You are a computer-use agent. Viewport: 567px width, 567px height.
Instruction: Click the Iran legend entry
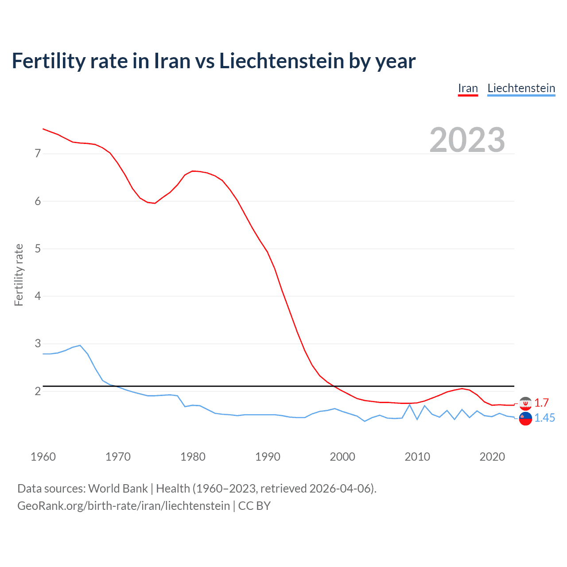click(468, 88)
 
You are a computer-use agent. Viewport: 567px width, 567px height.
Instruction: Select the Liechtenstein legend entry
click(521, 88)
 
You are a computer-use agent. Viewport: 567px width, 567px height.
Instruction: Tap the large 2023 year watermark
click(467, 140)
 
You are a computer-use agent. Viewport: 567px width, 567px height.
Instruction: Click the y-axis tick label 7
click(38, 154)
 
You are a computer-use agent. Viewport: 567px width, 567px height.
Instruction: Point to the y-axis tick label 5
click(38, 249)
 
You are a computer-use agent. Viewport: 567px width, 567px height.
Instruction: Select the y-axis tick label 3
click(38, 344)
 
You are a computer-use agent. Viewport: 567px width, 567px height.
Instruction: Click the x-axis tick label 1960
click(43, 457)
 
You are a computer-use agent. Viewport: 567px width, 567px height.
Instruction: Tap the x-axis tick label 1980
click(193, 457)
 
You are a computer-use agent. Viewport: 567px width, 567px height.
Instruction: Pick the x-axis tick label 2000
click(342, 457)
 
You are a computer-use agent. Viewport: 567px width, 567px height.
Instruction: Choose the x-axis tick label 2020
click(492, 457)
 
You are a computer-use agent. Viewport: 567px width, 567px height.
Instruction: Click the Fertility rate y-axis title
click(19, 275)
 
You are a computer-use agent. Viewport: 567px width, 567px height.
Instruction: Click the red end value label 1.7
click(541, 403)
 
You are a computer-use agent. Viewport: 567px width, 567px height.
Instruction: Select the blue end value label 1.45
click(544, 418)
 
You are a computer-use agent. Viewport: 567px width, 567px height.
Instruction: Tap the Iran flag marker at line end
click(525, 403)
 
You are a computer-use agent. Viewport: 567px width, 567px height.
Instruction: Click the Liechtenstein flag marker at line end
click(525, 418)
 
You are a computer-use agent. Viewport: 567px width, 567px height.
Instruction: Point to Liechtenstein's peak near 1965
click(80, 345)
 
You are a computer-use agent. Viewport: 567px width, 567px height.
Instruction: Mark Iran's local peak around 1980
click(193, 171)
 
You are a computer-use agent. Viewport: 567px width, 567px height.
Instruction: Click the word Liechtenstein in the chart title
click(282, 61)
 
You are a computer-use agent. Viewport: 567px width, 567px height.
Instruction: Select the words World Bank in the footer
click(118, 488)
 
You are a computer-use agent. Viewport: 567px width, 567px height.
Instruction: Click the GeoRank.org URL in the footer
click(124, 505)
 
